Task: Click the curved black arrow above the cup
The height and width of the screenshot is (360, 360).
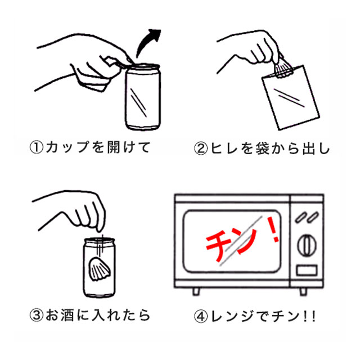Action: pyautogui.click(x=145, y=41)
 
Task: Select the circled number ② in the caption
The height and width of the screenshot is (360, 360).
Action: pyautogui.click(x=201, y=148)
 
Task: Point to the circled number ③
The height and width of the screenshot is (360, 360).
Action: pyautogui.click(x=37, y=316)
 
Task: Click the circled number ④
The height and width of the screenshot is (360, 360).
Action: pyautogui.click(x=201, y=316)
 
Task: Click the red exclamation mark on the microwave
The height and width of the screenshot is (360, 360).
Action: pyautogui.click(x=273, y=229)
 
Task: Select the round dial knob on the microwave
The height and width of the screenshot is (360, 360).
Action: pyautogui.click(x=307, y=245)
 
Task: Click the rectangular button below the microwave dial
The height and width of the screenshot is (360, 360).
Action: pyautogui.click(x=307, y=270)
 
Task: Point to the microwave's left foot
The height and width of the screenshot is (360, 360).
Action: pyautogui.click(x=196, y=291)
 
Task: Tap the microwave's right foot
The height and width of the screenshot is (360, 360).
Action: pyautogui.click(x=303, y=291)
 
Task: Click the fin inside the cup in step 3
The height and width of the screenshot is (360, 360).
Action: pyautogui.click(x=99, y=269)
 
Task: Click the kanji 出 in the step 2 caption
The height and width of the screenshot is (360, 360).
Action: pyautogui.click(x=310, y=148)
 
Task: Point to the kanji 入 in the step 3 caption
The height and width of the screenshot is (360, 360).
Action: pyautogui.click(x=99, y=315)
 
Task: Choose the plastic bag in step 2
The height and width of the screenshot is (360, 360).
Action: pyautogui.click(x=291, y=97)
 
